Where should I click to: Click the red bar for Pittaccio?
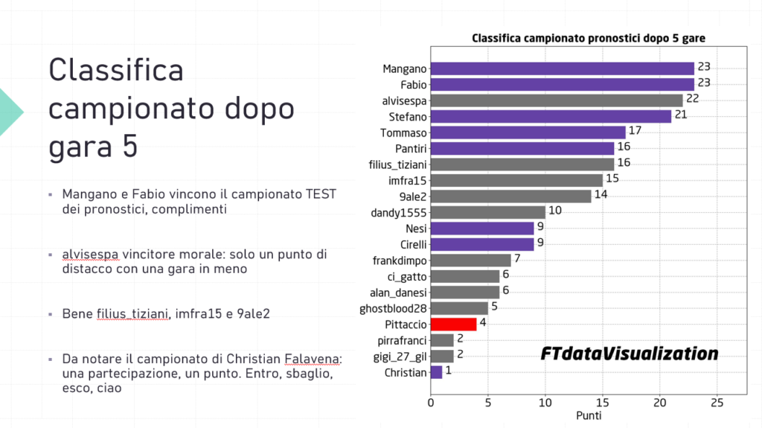click(453, 324)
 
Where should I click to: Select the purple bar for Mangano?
click(562, 68)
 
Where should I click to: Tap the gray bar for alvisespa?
click(556, 100)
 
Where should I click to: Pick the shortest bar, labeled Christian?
click(436, 372)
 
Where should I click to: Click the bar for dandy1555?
click(487, 212)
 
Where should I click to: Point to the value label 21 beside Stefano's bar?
click(680, 116)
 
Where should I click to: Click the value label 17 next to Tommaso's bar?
click(635, 132)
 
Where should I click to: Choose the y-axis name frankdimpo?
click(399, 261)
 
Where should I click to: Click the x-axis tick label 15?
click(602, 402)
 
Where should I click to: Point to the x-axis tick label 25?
click(717, 402)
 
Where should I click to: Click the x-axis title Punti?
click(588, 415)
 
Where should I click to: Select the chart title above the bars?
click(588, 38)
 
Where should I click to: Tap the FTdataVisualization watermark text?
click(630, 354)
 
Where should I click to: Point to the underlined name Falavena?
click(313, 360)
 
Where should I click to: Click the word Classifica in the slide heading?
click(115, 71)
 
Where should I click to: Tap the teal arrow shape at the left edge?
click(10, 111)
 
